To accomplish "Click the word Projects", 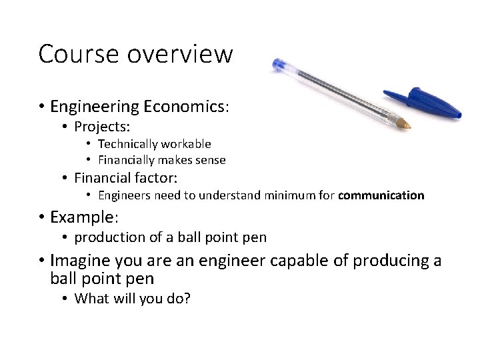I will point(102,127).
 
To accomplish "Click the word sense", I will point(210,160).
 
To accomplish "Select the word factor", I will point(158,178).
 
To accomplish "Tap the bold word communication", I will point(381,195).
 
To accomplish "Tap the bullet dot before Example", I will point(41,218).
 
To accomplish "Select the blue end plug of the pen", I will point(279,65).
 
